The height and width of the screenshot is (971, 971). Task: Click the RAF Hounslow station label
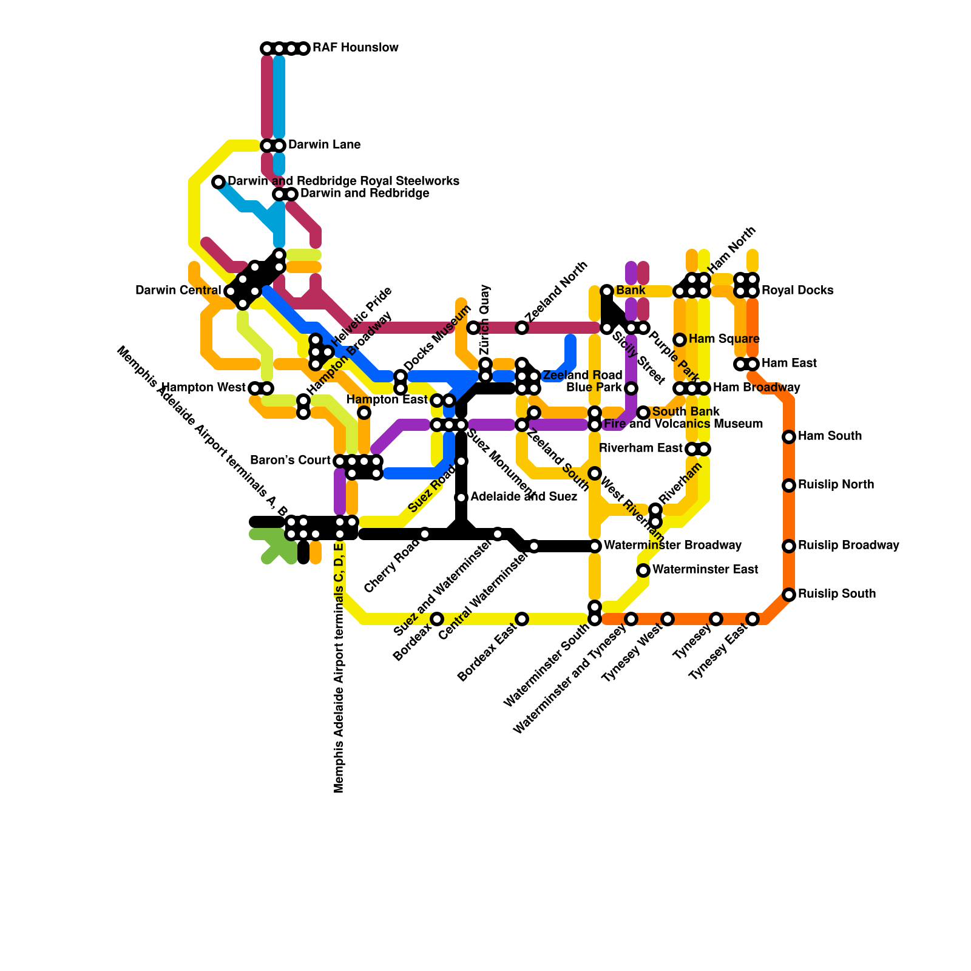[355, 48]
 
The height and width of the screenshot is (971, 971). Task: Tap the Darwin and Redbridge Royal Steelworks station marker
[218, 182]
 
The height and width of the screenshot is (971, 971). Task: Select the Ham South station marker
[789, 437]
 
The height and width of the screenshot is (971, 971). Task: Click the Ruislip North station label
[836, 485]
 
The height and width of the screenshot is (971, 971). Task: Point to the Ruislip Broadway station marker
[789, 546]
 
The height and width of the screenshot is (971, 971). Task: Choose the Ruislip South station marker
[789, 595]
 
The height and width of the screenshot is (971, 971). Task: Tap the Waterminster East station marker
[643, 570]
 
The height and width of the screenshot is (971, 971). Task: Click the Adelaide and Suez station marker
[461, 498]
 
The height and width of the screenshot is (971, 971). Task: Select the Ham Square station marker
[680, 340]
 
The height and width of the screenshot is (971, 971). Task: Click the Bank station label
[631, 291]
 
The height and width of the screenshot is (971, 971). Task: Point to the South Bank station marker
[643, 413]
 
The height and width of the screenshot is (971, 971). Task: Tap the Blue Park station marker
[631, 388]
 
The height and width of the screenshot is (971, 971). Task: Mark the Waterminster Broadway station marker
[595, 546]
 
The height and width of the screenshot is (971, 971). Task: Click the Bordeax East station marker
[522, 619]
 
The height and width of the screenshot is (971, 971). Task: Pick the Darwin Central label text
[178, 291]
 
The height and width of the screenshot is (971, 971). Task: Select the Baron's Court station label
[290, 461]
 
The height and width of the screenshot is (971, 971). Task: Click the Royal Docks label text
[797, 291]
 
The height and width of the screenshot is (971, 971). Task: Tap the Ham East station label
[789, 364]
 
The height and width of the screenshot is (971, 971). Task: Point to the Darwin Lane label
[324, 145]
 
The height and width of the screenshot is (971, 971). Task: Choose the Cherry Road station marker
[425, 534]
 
